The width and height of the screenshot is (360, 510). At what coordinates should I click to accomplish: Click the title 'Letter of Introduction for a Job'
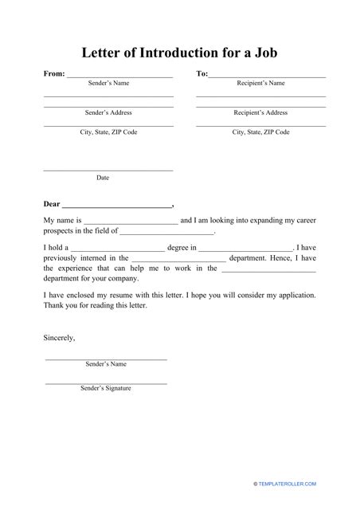point(180,53)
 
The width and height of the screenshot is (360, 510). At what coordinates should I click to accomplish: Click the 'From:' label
point(54,73)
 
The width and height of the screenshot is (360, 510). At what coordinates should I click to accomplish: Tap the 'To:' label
point(202,73)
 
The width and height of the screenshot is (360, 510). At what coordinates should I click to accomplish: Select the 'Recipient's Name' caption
point(260,83)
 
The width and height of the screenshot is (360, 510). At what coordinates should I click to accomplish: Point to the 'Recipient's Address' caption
point(260,113)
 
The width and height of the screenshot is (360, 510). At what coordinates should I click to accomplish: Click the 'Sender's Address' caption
point(108,113)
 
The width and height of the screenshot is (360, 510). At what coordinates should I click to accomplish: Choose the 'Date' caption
point(103,178)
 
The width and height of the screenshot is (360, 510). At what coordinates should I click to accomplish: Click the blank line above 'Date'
point(108,170)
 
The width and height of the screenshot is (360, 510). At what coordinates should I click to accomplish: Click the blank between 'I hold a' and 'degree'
point(118,248)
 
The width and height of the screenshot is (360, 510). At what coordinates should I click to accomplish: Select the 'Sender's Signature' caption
point(106,388)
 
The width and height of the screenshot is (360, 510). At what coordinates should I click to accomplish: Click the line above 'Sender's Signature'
point(106,382)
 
